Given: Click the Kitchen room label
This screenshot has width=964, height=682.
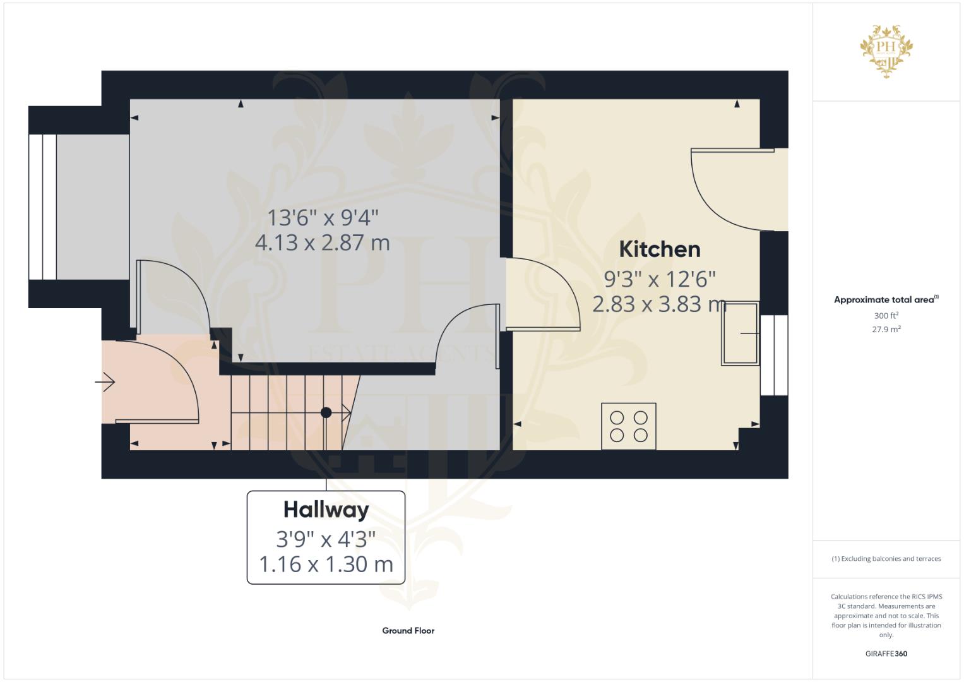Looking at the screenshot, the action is click(x=659, y=249).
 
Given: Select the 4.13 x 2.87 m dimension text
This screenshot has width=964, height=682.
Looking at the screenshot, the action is click(x=323, y=243).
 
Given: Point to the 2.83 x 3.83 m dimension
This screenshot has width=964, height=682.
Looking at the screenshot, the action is click(x=659, y=304).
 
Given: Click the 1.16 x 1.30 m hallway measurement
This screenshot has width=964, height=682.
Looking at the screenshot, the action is click(x=326, y=565).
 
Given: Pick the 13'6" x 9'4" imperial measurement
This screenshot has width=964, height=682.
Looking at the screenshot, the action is click(x=323, y=217).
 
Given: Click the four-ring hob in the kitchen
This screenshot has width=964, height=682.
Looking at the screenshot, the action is click(x=628, y=426).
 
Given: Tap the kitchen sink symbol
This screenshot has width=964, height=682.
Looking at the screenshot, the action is click(x=741, y=333).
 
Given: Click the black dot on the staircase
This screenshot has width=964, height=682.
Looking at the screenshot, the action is click(x=326, y=412).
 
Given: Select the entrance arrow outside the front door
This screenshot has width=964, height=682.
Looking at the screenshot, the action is click(x=105, y=382).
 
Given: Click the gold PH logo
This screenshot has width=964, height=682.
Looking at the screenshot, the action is click(x=886, y=51).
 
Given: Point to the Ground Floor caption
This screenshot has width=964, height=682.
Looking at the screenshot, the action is click(x=408, y=631).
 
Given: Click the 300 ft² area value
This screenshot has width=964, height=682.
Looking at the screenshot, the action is click(x=886, y=315).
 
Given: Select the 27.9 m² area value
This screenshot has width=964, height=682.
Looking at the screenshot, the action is click(x=886, y=329).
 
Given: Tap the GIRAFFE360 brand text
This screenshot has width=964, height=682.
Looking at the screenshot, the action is click(x=886, y=654).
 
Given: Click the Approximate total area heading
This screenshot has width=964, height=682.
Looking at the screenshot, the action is click(x=886, y=299).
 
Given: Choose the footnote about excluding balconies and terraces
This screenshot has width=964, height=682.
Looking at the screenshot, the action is click(x=886, y=559).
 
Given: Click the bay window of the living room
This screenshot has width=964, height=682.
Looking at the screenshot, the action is click(x=42, y=207).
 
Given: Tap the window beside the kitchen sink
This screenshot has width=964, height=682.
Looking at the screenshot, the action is click(x=774, y=355).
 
